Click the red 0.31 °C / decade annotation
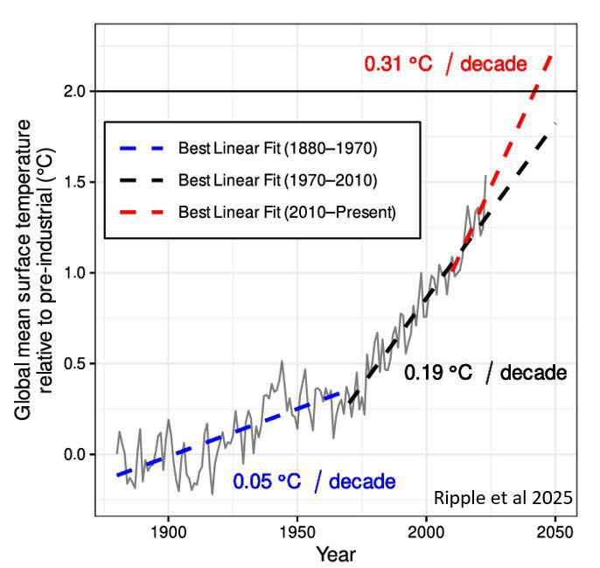[445, 64]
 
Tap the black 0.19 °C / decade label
[485, 373]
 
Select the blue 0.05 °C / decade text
[313, 480]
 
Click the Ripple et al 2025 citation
[503, 498]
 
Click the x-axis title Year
[336, 555]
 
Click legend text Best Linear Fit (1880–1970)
[277, 149]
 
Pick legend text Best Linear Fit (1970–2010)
[277, 180]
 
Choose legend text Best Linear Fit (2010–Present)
[286, 212]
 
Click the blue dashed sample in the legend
[140, 149]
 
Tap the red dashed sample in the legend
[140, 212]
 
